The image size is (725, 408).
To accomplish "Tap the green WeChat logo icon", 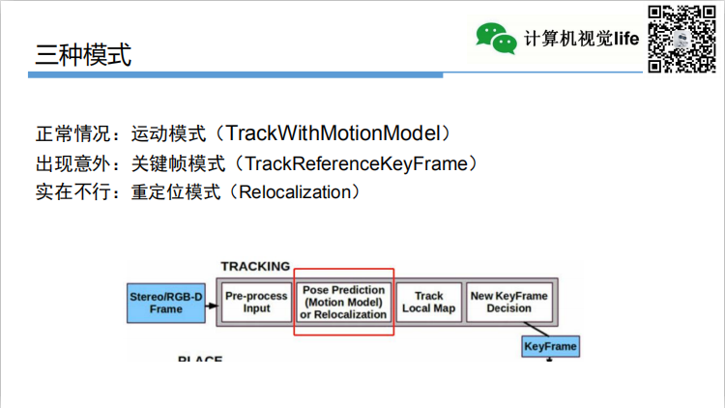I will [x=495, y=38].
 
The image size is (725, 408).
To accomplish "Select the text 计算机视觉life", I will [x=583, y=39].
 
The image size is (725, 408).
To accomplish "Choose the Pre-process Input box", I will [x=256, y=303].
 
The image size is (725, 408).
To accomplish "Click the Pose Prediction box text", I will [x=343, y=303].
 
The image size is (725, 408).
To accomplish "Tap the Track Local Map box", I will [x=428, y=303].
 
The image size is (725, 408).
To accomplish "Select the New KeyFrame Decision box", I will [x=508, y=303].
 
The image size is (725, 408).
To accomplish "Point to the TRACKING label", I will [x=255, y=267].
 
